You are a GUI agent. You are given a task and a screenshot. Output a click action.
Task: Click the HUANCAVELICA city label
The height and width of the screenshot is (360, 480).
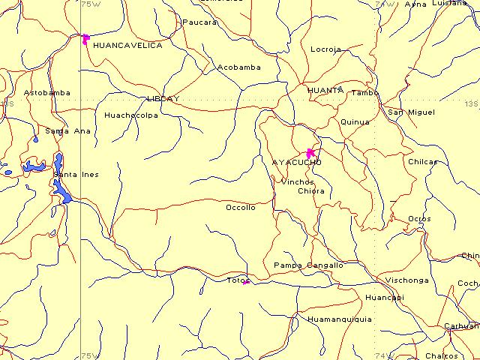point(127,46)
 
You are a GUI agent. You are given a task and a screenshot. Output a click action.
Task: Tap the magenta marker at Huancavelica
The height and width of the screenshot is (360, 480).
point(85,37)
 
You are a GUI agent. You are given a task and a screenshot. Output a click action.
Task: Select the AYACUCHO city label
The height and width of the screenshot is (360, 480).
point(297,162)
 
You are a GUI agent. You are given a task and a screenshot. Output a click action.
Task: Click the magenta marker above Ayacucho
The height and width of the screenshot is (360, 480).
point(310,152)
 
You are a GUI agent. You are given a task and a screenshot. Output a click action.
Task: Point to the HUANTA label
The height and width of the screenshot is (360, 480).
point(325,90)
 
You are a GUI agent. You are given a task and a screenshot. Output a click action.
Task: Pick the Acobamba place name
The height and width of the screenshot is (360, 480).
point(239,67)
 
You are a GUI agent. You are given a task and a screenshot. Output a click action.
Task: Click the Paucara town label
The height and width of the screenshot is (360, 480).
point(199,22)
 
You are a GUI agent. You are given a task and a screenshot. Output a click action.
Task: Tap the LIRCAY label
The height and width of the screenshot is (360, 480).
point(163,98)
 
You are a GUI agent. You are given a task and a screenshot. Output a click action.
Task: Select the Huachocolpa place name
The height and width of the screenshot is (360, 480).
point(131,115)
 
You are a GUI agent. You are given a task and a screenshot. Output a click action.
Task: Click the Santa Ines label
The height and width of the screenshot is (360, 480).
point(76,175)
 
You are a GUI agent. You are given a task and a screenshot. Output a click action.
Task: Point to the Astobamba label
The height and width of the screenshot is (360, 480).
point(47,93)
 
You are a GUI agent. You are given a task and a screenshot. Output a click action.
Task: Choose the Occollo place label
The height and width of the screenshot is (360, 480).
point(241,208)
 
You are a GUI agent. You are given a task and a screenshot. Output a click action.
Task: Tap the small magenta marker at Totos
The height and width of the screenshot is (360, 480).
point(245,283)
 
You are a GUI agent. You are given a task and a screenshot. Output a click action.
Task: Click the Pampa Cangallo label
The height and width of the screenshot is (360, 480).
point(308,265)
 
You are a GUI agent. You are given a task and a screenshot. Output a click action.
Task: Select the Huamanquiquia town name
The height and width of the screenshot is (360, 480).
point(340,319)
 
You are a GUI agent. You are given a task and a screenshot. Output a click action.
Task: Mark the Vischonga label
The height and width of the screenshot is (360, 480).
point(407,280)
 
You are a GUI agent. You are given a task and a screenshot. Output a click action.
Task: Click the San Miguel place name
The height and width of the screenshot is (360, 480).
point(411,112)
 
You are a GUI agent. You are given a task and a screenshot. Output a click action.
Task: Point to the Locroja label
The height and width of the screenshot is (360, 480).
point(325,49)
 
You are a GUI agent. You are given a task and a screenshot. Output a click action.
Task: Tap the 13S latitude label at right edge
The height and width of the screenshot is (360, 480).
point(471,103)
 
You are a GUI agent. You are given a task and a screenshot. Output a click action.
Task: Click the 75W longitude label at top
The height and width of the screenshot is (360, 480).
point(90,4)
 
